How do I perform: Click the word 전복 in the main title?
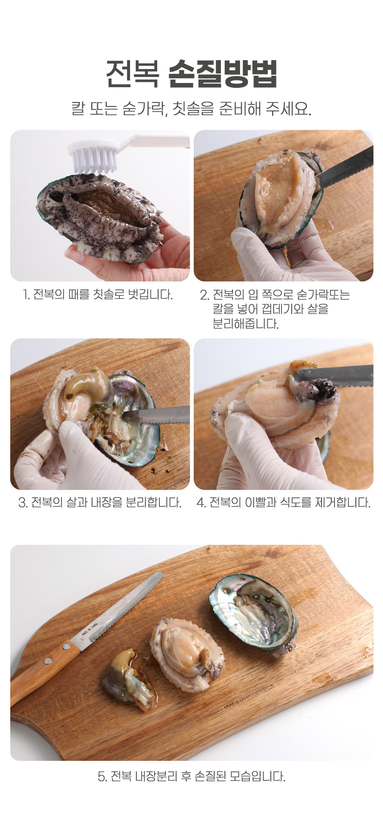132,74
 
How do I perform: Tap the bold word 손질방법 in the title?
223,74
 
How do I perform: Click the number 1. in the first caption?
26,294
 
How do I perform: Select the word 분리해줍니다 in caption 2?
245,324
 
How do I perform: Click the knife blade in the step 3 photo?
156,414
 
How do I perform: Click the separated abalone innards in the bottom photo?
129,679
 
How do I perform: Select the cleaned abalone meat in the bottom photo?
187,653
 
